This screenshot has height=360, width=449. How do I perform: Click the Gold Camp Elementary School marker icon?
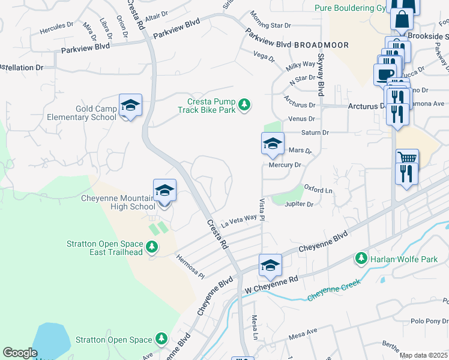[x=130, y=106]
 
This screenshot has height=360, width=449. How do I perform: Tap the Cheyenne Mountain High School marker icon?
[x=164, y=191]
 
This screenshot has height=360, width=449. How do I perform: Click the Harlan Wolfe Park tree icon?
[x=361, y=259]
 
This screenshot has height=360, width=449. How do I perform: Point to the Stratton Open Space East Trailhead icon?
[x=152, y=247]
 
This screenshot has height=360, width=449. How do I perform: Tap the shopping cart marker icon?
[x=408, y=158]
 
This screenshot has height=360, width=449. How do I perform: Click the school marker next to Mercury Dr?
[x=272, y=144]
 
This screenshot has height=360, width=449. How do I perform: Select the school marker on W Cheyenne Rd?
[x=270, y=265]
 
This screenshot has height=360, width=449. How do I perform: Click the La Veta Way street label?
[x=239, y=221]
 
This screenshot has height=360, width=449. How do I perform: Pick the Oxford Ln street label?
[x=318, y=190]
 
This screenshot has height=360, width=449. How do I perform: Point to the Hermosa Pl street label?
[x=190, y=267]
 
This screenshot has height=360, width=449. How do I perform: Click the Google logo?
[x=20, y=352]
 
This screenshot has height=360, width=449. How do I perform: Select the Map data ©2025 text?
[x=423, y=355]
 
